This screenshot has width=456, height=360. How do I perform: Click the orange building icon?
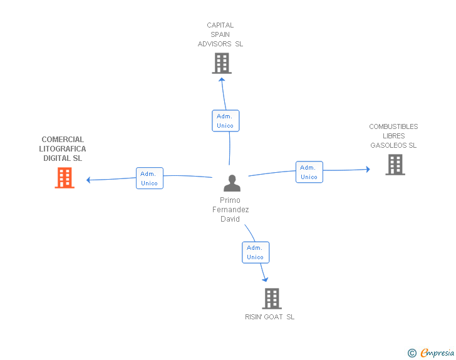[65, 178]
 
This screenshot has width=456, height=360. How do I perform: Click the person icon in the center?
[232, 183]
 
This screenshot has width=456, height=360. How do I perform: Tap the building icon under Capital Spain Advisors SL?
[222, 63]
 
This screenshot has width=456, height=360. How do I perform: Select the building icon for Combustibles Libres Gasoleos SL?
[395, 165]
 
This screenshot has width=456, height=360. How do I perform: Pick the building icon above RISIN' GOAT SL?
[272, 299]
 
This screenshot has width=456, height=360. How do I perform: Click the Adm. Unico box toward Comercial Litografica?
[150, 178]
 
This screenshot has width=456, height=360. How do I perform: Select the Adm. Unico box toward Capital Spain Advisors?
[225, 121]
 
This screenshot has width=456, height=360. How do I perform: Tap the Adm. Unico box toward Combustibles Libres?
[309, 172]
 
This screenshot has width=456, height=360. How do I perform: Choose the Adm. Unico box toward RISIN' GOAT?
[256, 252]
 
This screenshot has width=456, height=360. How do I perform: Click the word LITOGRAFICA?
[63, 149]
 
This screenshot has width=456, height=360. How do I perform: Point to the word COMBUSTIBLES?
[393, 126]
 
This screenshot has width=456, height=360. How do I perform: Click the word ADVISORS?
[215, 44]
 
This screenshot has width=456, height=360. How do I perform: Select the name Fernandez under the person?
[231, 210]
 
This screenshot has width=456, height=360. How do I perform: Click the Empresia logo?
[431, 352]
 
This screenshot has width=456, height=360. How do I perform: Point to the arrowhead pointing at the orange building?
[88, 180]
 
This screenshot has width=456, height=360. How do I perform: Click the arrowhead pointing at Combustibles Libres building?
[368, 169]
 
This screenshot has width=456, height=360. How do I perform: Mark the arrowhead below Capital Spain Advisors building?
[222, 80]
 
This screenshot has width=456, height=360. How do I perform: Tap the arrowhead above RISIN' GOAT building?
[265, 279]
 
